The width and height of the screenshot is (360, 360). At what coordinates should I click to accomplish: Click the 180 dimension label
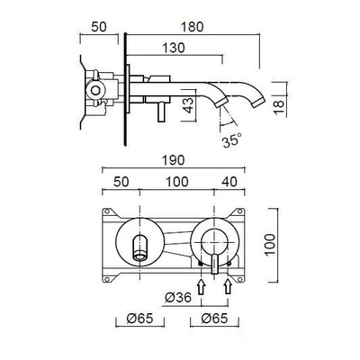point(192,27)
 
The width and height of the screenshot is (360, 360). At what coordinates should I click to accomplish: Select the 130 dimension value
point(174,48)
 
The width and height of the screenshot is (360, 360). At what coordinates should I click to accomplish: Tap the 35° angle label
point(232,139)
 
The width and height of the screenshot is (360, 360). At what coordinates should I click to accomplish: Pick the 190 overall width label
point(174,160)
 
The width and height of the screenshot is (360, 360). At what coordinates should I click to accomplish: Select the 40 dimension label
point(229,182)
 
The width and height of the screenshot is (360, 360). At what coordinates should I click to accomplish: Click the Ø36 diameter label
point(178,297)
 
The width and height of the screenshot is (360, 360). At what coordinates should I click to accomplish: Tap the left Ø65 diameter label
point(139,319)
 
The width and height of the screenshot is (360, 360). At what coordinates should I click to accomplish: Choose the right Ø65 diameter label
point(214,319)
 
